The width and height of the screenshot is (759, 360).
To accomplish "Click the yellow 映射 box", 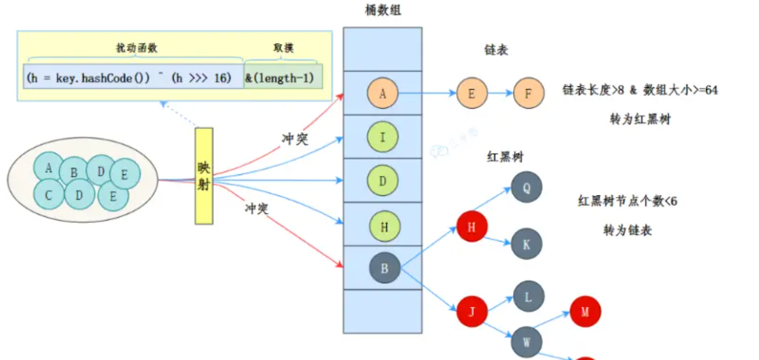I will pyautogui.click(x=203, y=176).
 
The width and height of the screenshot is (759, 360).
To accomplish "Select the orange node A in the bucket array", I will pyautogui.click(x=382, y=93).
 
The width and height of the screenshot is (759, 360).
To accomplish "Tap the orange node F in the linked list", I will pyautogui.click(x=528, y=93).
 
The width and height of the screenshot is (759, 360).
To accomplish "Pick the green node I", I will pyautogui.click(x=382, y=137).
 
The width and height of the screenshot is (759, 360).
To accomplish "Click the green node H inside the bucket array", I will pyautogui.click(x=384, y=227).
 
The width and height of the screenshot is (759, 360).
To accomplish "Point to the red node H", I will pyautogui.click(x=472, y=227).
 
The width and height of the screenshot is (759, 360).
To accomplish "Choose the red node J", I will pyautogui.click(x=472, y=312).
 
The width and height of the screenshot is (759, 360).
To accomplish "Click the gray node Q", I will pyautogui.click(x=526, y=187).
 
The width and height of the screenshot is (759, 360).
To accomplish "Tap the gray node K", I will pyautogui.click(x=526, y=244).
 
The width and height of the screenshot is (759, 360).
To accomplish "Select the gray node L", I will pyautogui.click(x=528, y=297).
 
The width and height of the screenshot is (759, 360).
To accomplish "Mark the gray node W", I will pyautogui.click(x=526, y=342).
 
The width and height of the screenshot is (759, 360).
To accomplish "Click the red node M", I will pyautogui.click(x=585, y=312).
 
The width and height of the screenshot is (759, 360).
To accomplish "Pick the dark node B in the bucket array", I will pyautogui.click(x=384, y=268).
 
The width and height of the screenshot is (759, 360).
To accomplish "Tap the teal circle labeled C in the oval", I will pyautogui.click(x=48, y=194).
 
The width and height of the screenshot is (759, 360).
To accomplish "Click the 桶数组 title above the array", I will pyautogui.click(x=382, y=11).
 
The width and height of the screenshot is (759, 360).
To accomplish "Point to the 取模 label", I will pyautogui.click(x=283, y=48).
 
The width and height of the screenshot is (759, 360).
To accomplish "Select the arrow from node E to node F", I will pyautogui.click(x=500, y=93).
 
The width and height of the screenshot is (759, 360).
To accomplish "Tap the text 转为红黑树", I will pyautogui.click(x=640, y=120).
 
